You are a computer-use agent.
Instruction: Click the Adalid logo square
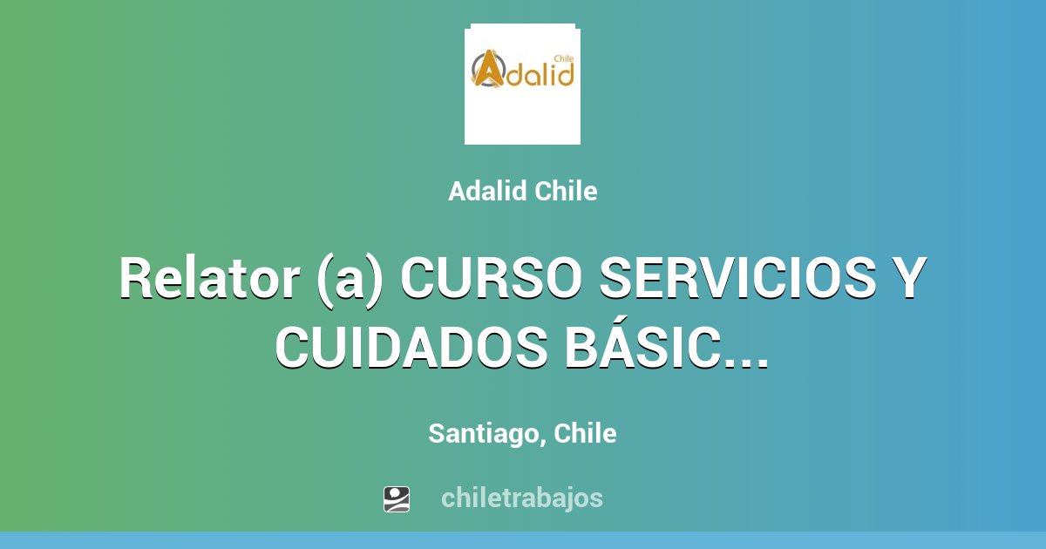click(522, 84)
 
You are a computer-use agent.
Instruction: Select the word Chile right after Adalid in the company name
click(566, 192)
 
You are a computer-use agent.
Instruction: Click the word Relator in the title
click(205, 279)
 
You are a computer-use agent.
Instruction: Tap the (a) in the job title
click(349, 279)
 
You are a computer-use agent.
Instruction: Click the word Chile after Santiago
click(585, 433)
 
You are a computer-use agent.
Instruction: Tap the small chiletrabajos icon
click(397, 498)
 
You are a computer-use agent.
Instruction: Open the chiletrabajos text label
click(521, 498)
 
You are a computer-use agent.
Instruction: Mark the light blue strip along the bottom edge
click(523, 540)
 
